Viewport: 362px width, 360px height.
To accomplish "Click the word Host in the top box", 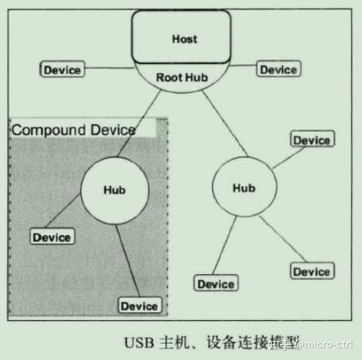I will [x=185, y=38].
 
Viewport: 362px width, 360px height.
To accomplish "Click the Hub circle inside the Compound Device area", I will [x=114, y=189].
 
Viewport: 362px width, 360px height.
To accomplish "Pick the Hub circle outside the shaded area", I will [x=244, y=188].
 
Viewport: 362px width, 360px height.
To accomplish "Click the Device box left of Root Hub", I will [x=62, y=70].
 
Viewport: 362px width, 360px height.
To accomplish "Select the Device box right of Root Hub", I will [x=278, y=70].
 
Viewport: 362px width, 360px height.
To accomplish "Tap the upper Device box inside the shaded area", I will [x=51, y=237].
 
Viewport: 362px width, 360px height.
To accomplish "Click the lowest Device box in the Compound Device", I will [x=139, y=305].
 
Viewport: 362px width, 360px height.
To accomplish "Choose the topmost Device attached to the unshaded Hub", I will [x=311, y=140].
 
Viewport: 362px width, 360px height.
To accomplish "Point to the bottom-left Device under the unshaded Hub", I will [x=216, y=284].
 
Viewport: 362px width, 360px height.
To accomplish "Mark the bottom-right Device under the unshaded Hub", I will [x=311, y=271].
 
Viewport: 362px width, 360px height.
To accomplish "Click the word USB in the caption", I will [x=137, y=342].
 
